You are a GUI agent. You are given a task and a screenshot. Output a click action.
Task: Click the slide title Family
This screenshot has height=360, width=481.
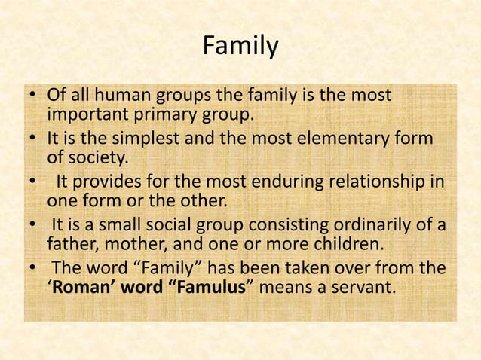[240, 47]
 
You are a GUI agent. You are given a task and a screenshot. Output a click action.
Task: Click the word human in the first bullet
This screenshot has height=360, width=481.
[127, 98]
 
